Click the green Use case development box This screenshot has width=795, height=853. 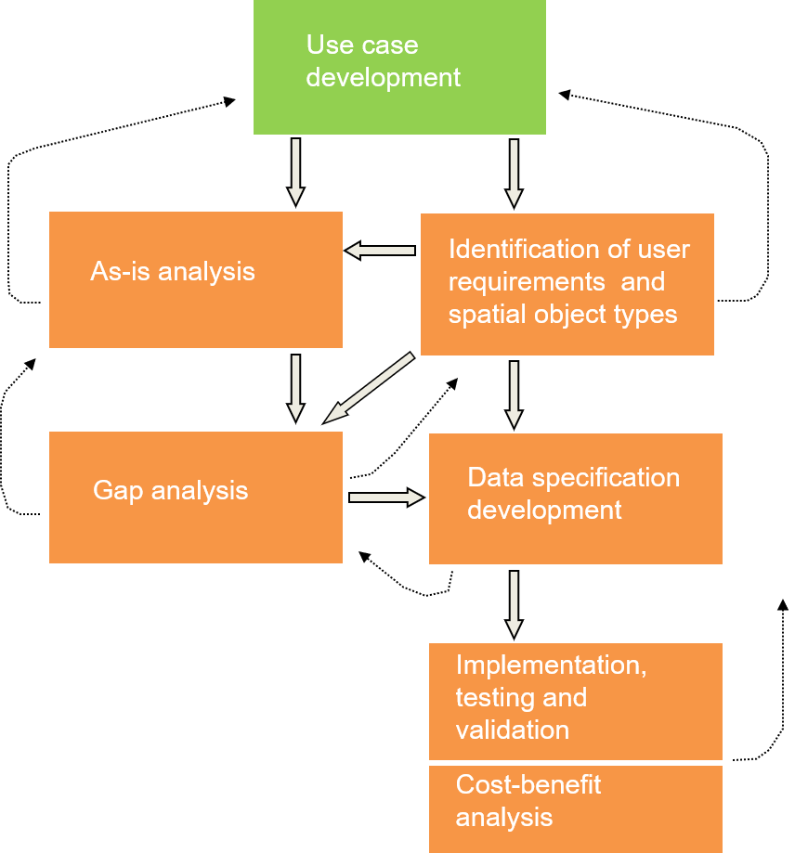(399, 67)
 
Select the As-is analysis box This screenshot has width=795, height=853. (195, 279)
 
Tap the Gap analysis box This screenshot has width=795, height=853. (195, 497)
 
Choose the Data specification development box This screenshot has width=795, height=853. (575, 498)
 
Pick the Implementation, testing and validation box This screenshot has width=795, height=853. (575, 701)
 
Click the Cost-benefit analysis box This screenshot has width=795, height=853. (575, 808)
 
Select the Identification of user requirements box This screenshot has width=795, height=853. (567, 284)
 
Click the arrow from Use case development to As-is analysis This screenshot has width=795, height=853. (295, 171)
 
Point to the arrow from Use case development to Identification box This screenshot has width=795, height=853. (514, 172)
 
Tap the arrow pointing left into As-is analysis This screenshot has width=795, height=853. (381, 250)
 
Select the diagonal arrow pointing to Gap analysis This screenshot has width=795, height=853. (370, 387)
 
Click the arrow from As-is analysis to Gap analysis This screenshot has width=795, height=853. (295, 387)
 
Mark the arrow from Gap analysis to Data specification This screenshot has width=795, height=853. (385, 498)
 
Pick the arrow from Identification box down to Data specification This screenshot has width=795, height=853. (514, 394)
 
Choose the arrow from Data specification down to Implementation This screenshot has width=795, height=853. (514, 603)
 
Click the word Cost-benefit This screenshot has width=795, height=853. (528, 785)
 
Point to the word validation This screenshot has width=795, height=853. (512, 730)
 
